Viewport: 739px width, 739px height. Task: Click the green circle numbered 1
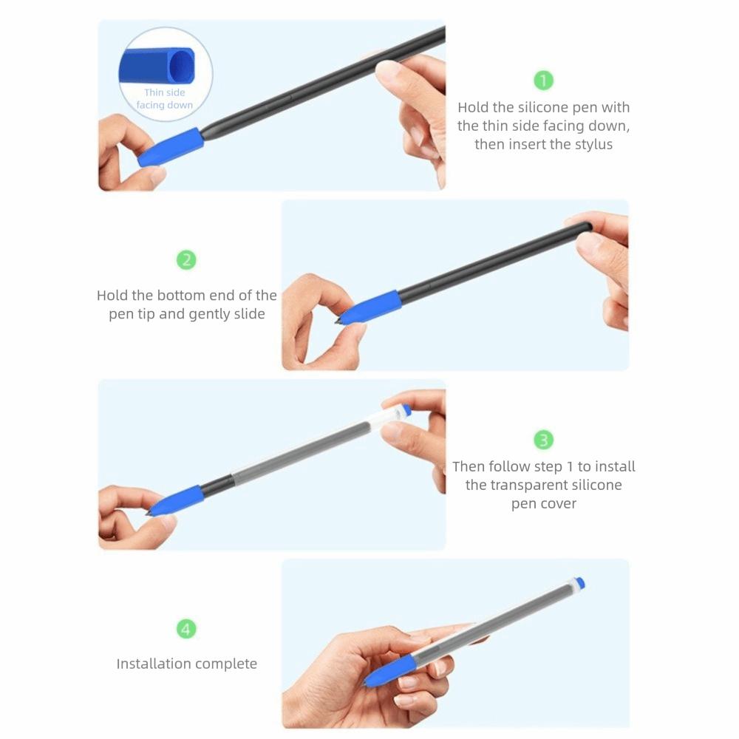[543, 80]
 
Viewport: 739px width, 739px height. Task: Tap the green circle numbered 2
[186, 260]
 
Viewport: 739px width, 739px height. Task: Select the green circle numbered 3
[543, 440]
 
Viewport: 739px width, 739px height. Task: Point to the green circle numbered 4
[186, 630]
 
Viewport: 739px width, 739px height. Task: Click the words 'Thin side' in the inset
[165, 92]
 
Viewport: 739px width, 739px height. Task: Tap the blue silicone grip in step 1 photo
[171, 146]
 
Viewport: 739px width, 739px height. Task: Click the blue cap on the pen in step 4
[580, 583]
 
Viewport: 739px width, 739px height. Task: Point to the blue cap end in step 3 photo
[406, 409]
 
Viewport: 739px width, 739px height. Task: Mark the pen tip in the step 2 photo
[339, 321]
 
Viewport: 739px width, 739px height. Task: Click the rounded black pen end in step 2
[586, 226]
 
